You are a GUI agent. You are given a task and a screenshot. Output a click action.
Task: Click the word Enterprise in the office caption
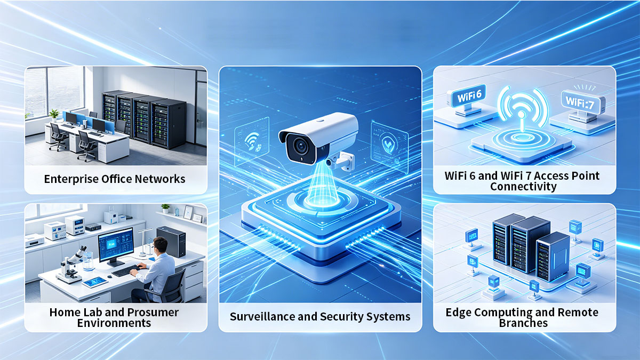click(71, 179)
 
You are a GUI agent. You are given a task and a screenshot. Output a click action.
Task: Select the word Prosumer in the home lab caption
click(153, 313)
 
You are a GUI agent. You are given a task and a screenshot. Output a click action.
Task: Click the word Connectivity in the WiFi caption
click(523, 187)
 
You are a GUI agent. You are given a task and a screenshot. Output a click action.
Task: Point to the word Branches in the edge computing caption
click(523, 323)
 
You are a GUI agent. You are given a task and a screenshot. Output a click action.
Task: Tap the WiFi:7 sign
click(580, 102)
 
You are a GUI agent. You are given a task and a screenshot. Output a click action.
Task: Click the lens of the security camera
click(301, 147)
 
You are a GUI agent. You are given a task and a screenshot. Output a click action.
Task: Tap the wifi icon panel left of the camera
click(252, 142)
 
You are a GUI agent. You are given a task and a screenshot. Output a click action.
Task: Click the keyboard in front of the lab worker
click(126, 270)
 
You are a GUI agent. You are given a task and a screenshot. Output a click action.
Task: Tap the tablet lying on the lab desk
click(95, 282)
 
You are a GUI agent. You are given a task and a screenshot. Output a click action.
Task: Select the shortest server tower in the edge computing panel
click(553, 256)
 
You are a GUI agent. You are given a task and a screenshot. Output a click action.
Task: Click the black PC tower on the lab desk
click(171, 242)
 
